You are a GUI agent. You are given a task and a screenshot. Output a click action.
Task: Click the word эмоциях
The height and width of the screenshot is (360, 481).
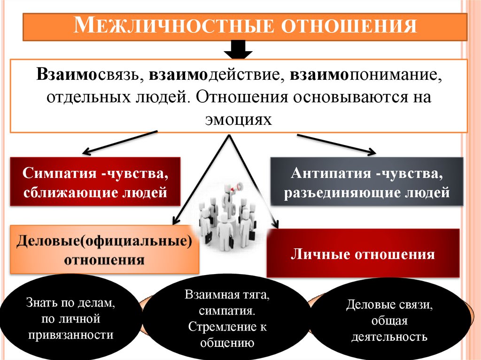tap(239, 119)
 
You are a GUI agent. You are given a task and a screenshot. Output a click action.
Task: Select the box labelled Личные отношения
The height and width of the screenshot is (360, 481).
tap(363, 254)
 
